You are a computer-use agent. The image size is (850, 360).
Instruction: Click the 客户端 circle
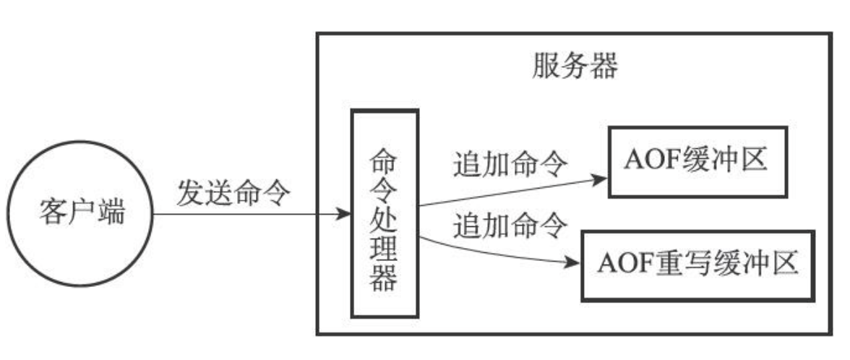80,213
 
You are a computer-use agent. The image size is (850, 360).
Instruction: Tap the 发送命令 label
233,194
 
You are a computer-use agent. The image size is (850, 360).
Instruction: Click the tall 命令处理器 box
384,213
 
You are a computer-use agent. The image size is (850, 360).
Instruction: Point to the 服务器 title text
575,67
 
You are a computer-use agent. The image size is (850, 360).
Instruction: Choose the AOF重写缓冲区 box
697,265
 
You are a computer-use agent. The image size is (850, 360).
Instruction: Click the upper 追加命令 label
509,166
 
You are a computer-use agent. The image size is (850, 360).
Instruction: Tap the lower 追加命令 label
509,227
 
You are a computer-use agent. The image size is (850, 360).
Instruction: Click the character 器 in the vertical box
384,278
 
